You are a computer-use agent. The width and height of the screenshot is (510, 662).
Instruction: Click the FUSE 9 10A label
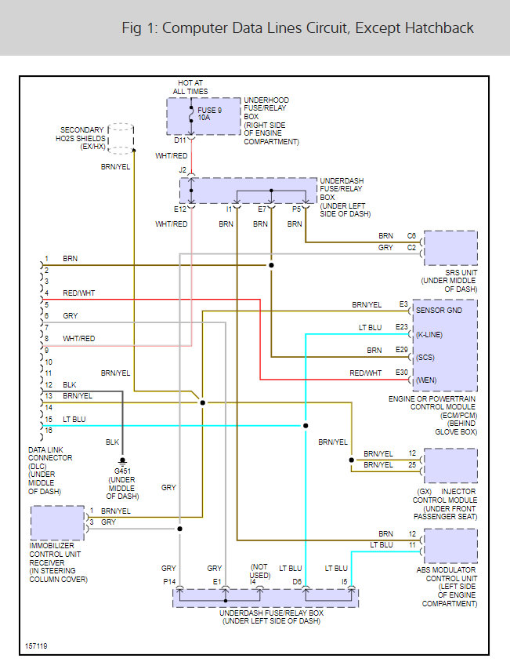coord(209,114)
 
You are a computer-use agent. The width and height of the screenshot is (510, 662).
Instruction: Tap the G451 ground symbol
coord(122,461)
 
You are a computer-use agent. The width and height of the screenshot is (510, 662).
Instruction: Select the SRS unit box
coord(450,248)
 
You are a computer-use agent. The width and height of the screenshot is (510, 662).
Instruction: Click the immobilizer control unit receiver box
coord(57,522)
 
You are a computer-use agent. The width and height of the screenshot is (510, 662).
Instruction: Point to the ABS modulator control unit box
coord(450,546)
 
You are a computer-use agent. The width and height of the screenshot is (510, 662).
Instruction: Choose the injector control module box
coord(450,466)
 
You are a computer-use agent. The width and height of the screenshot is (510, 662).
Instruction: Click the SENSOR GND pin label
coord(439,311)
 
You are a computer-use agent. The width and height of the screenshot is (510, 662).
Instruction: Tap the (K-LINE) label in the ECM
coord(429,335)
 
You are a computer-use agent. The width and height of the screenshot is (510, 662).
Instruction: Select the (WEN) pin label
coord(426,380)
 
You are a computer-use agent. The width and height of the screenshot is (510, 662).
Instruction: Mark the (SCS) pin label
coord(425,358)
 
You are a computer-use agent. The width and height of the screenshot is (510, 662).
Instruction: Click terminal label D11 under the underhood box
coord(179,140)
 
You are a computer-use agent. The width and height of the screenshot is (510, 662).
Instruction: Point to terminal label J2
coord(183,169)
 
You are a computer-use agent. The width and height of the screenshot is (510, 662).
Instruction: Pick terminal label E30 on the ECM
coord(402,373)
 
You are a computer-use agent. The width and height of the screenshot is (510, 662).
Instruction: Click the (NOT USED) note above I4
coord(259,571)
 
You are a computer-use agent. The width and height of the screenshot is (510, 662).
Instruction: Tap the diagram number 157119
coord(36,646)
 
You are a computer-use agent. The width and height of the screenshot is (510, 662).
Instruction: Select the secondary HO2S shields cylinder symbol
coord(121,139)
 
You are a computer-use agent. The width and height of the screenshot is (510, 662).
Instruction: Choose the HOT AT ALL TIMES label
coord(190,87)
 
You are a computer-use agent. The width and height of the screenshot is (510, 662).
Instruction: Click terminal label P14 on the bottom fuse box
coord(169,581)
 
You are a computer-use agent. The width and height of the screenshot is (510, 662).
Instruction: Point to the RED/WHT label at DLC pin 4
coord(79,293)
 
